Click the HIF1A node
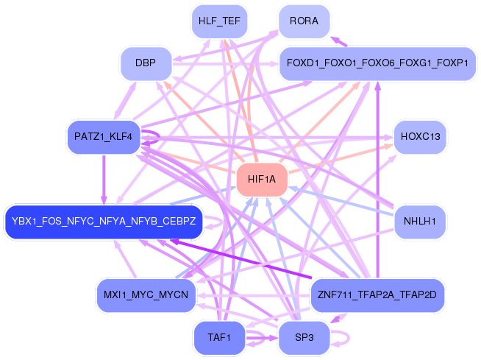click(x=260, y=180)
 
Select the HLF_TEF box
click(x=219, y=21)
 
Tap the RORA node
click(x=304, y=21)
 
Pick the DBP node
click(x=146, y=63)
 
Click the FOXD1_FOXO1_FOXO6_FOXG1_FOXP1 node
click(x=377, y=63)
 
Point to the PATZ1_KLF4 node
click(x=103, y=137)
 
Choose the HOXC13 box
click(x=420, y=137)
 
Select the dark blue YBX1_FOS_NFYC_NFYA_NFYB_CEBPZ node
click(x=103, y=221)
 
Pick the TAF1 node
click(x=219, y=338)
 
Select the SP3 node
click(x=304, y=338)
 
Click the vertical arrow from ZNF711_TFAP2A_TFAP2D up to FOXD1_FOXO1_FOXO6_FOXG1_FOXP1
click(x=377, y=184)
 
